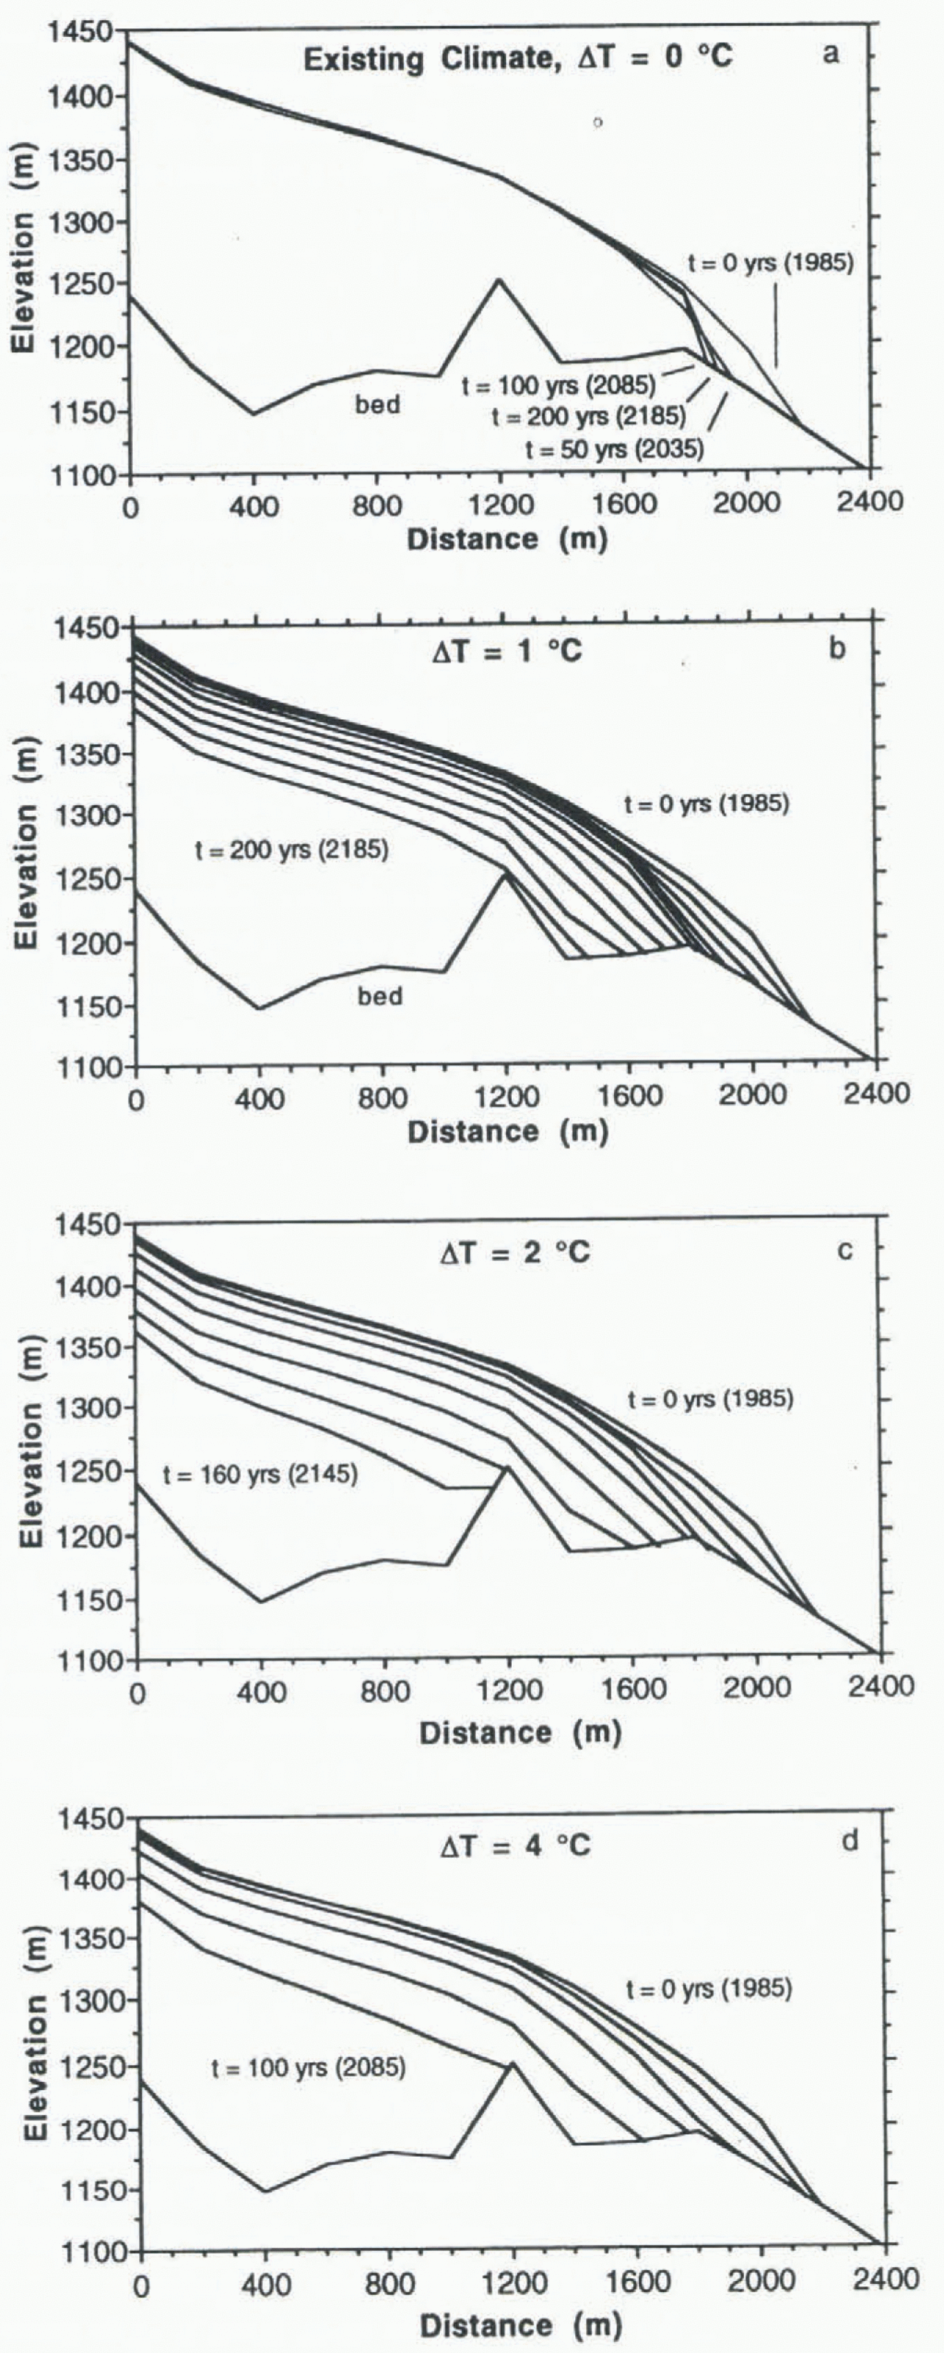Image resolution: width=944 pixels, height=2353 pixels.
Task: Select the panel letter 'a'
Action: tap(830, 54)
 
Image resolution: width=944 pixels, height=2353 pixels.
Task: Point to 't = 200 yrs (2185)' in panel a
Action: tap(588, 416)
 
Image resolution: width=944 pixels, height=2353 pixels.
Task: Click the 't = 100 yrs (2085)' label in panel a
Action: tap(558, 385)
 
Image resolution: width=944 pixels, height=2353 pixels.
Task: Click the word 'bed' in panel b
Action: tap(380, 995)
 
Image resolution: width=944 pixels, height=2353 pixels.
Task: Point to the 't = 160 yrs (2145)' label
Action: tap(260, 1473)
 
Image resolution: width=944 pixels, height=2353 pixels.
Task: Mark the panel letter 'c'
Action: tap(844, 1249)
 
